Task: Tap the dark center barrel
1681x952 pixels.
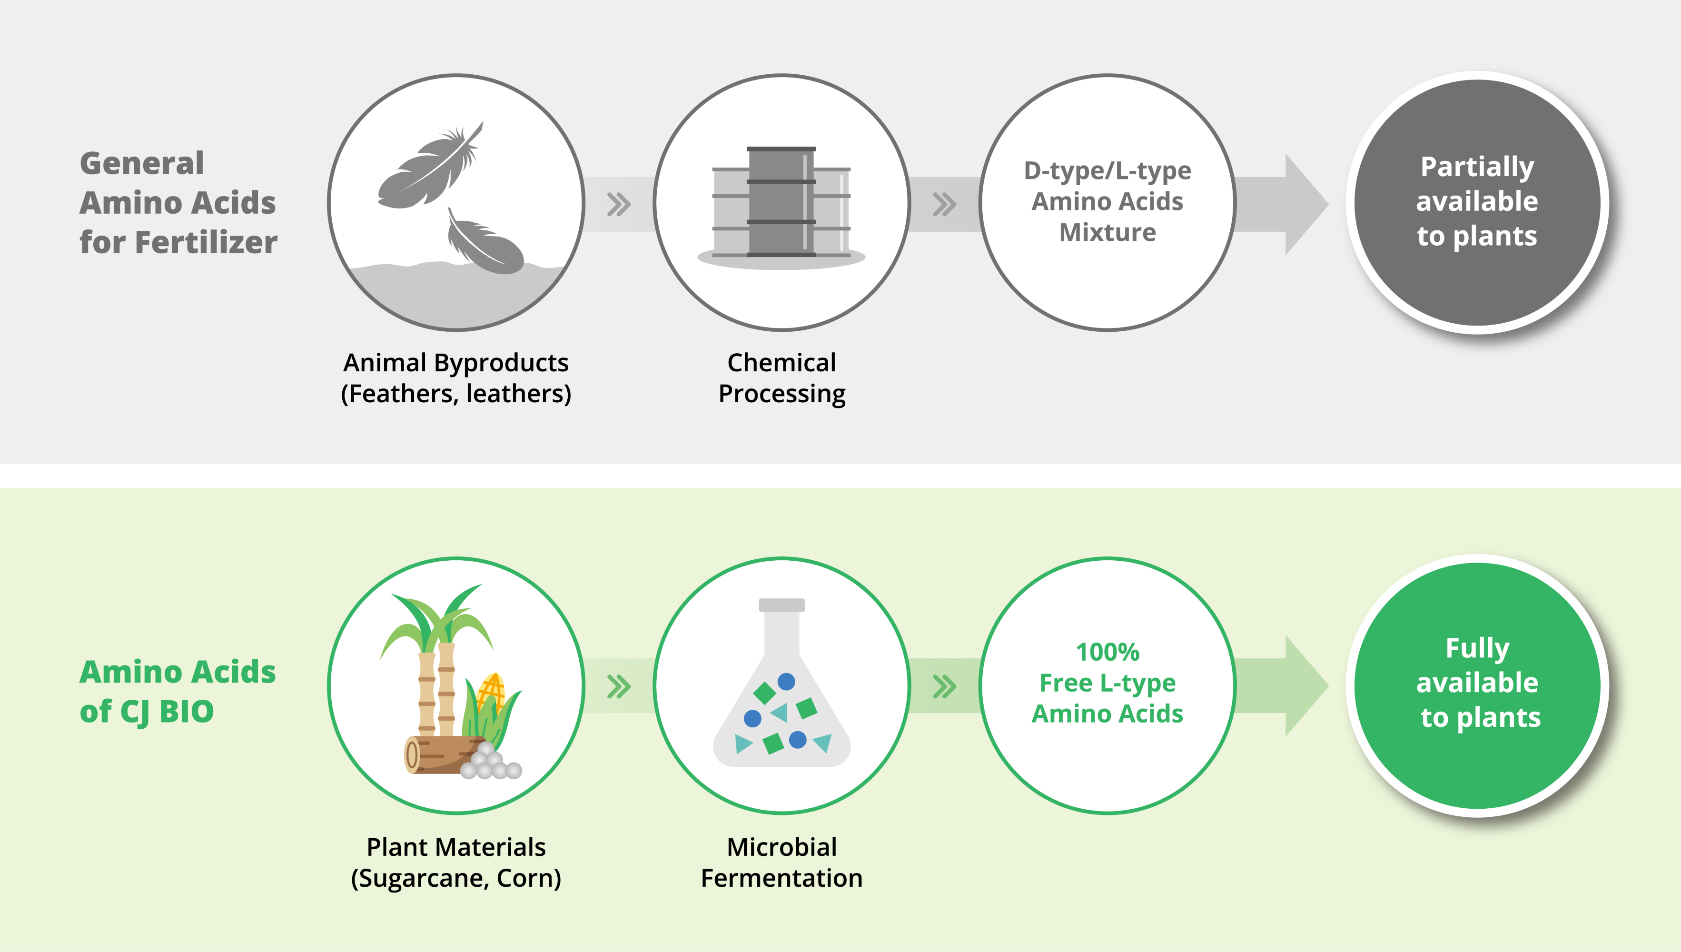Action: [781, 203]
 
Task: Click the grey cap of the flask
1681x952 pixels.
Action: [781, 605]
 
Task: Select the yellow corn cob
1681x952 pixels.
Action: [492, 693]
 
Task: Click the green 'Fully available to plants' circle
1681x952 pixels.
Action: [1477, 683]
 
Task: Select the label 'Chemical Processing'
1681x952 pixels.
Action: [781, 378]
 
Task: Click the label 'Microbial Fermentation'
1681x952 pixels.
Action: [781, 862]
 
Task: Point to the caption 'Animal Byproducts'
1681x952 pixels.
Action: [456, 362]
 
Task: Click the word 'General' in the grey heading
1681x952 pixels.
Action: [142, 163]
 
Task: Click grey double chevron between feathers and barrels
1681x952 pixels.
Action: [618, 204]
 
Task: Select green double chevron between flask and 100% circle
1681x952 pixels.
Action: [944, 686]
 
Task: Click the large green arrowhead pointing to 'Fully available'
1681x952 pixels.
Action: [1305, 685]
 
